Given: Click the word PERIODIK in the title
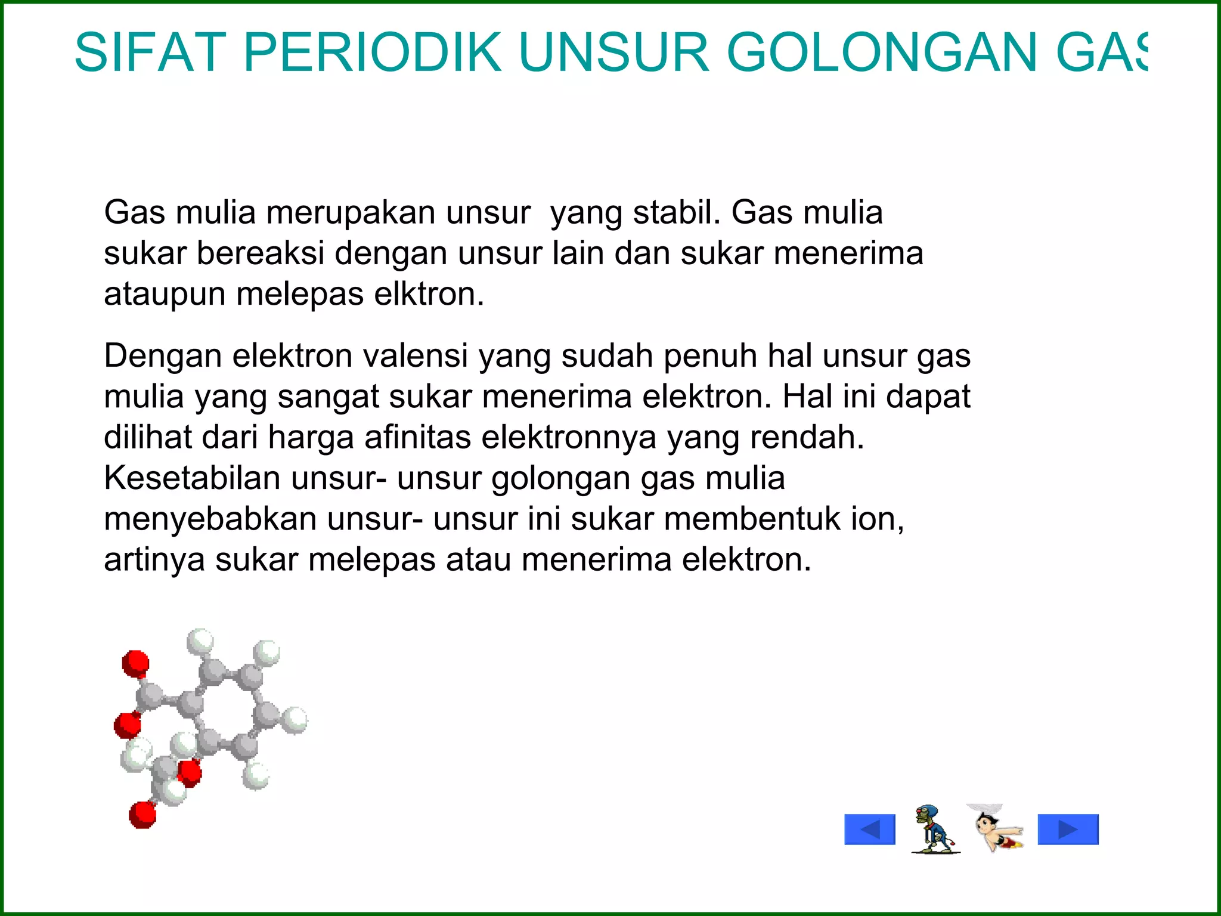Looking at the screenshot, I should [x=373, y=52].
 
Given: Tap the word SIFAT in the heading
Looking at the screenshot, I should [x=150, y=52].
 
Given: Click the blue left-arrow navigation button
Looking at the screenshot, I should [x=870, y=830].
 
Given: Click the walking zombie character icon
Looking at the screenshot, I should [x=934, y=829].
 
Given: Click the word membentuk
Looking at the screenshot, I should [x=752, y=519].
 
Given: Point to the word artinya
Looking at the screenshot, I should [x=154, y=559].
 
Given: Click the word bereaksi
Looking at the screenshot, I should [x=260, y=253].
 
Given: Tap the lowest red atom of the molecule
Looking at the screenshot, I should [x=142, y=815].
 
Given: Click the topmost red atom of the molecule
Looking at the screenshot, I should [x=136, y=663].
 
